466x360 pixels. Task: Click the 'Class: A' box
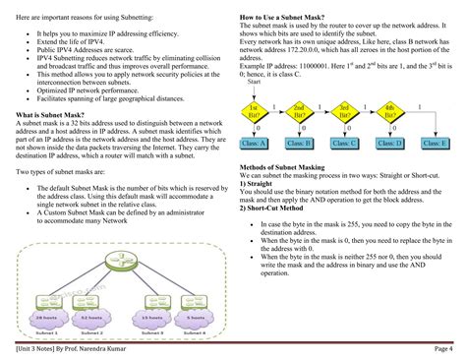253,143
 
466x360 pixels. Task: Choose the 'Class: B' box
299,143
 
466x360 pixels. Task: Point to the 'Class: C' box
344,143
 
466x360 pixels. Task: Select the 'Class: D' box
389,143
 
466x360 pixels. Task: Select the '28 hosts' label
46,317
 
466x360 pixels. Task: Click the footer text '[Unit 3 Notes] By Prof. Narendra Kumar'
74,347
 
